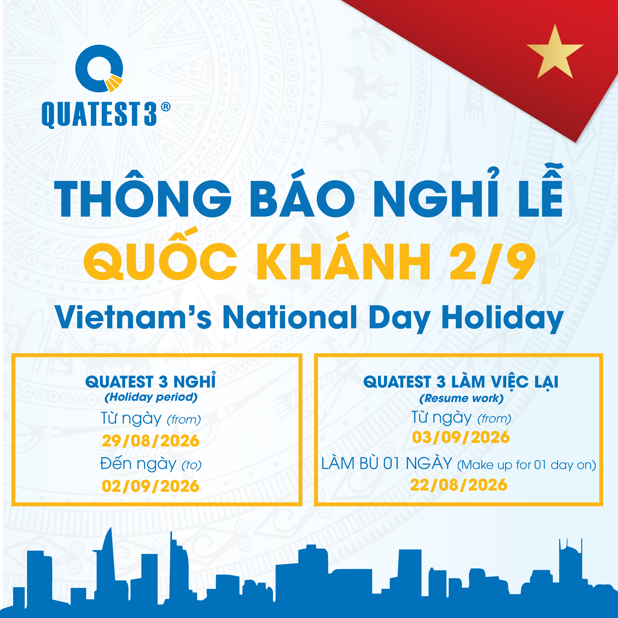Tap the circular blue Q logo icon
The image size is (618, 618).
point(99,69)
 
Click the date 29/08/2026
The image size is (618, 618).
point(151,441)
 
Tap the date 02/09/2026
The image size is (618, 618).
point(151,486)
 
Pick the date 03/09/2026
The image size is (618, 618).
point(461,437)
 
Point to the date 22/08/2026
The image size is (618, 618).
point(459,485)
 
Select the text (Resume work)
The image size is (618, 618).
point(461,398)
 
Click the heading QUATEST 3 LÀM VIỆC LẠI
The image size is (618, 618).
point(461,382)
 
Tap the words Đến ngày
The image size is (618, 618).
point(138,464)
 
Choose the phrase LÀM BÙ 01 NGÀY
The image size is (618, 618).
point(387,464)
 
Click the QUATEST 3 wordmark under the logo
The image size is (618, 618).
point(99,114)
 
